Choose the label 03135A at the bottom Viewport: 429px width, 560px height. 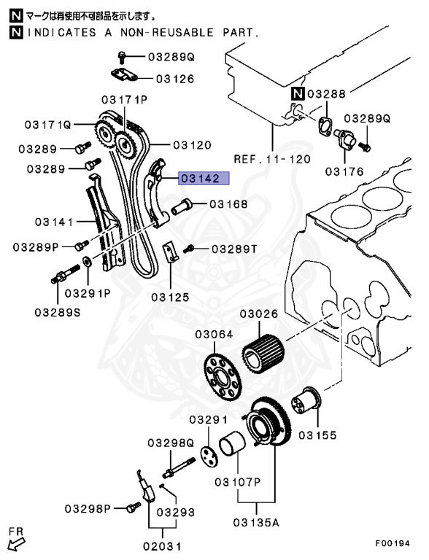(256, 521)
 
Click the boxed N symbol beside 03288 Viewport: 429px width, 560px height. (298, 93)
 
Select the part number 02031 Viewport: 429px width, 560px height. (161, 545)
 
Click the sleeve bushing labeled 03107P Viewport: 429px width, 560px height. (232, 448)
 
